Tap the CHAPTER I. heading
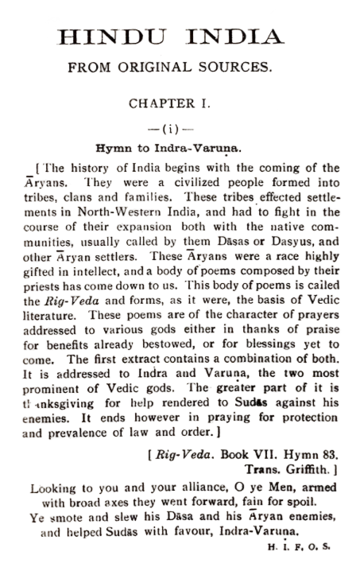[180, 103]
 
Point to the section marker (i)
[179, 127]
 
